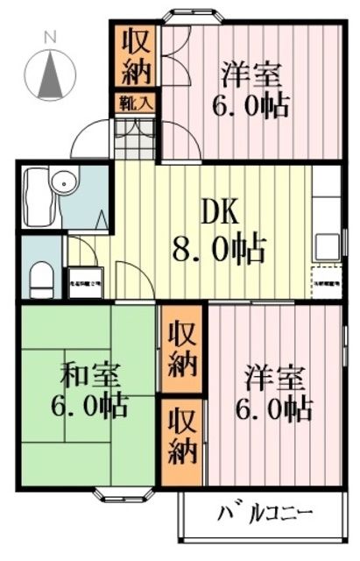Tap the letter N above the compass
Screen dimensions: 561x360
pos(51,37)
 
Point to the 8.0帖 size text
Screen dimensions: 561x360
pos(222,251)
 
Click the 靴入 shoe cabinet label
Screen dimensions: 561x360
pos(136,102)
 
